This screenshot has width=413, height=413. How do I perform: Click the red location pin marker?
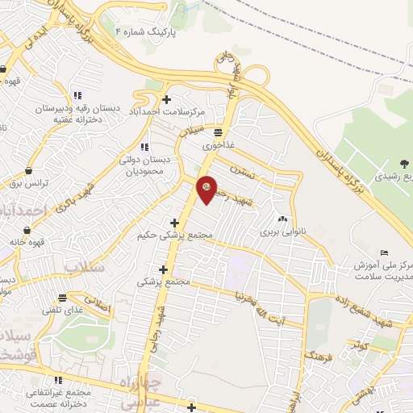click(x=206, y=188)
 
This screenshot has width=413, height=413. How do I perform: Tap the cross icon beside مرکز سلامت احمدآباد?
click(x=167, y=100)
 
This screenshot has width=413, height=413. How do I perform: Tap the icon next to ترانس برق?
click(x=30, y=171)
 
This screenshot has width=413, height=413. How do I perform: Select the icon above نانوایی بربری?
click(x=283, y=219)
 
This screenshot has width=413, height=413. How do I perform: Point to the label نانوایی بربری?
click(x=283, y=232)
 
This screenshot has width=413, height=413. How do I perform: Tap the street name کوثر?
click(x=356, y=344)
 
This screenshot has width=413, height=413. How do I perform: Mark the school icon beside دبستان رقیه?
click(x=77, y=94)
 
